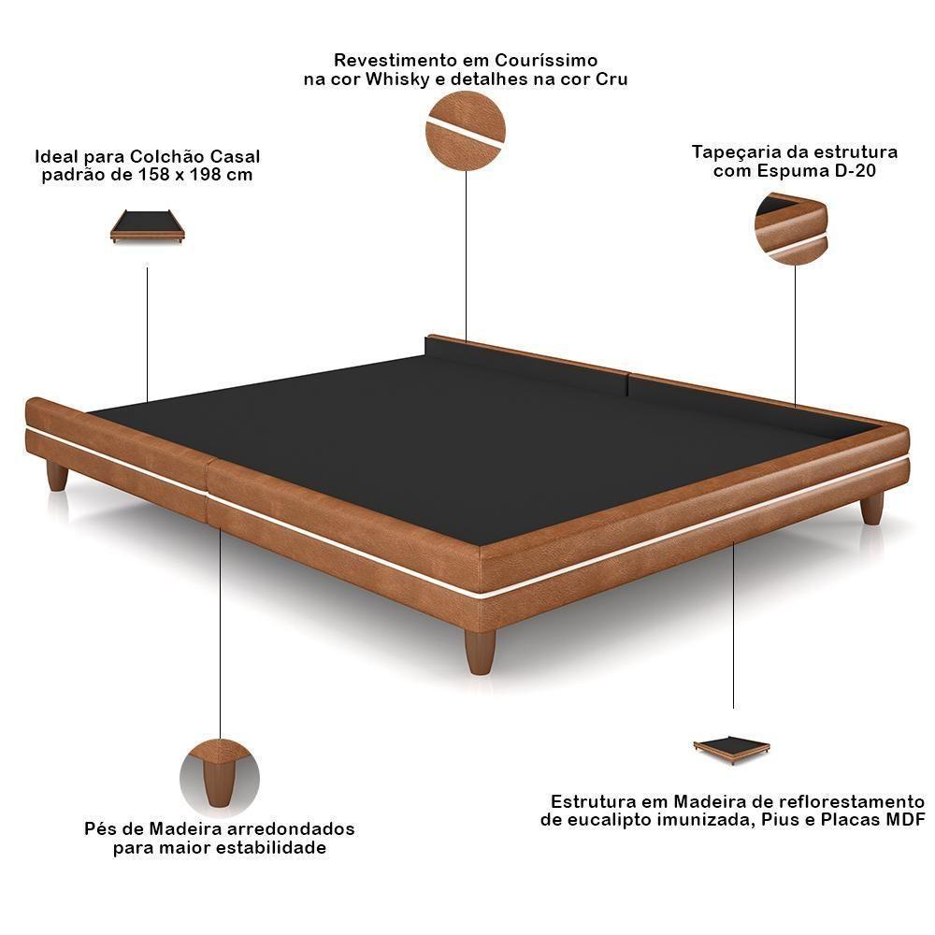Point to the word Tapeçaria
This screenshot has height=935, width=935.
[738, 151]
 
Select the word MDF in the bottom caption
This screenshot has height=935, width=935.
[905, 820]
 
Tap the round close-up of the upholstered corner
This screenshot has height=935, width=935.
[791, 229]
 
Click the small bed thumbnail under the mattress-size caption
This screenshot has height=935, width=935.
[148, 226]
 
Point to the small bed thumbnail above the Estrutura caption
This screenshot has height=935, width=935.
[731, 749]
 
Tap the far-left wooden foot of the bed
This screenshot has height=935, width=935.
[58, 475]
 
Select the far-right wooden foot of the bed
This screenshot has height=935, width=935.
[872, 508]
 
